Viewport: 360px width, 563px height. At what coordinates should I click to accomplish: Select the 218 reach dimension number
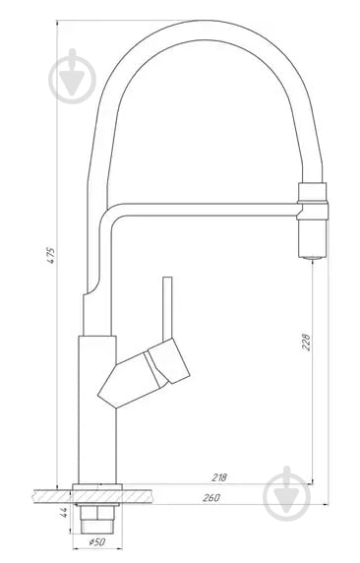tap(219, 476)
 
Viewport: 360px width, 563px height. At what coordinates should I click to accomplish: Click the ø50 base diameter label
tap(96, 541)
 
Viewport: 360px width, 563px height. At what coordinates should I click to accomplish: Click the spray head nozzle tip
tap(310, 252)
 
